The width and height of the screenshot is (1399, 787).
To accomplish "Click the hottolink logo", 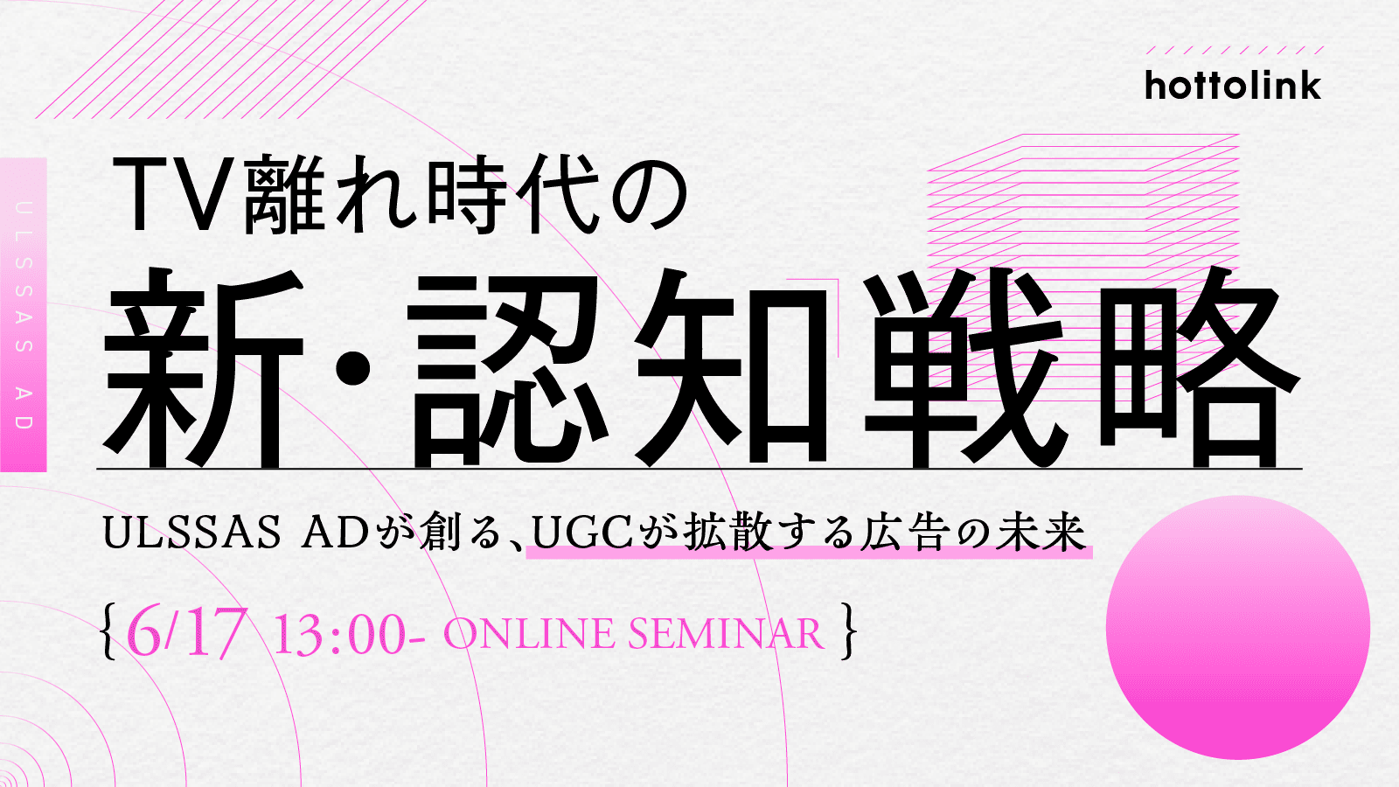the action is coord(1233,86).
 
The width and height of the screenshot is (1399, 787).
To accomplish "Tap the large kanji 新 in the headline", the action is coord(204,368).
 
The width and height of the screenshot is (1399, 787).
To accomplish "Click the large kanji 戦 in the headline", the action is coord(963,368).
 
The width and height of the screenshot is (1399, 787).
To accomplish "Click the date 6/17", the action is coord(185,632).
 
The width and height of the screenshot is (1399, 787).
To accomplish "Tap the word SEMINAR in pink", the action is coord(726,633).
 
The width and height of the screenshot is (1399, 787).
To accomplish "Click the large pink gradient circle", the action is coord(1238,627).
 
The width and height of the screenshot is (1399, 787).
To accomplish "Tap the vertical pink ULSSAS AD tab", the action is coord(23,315).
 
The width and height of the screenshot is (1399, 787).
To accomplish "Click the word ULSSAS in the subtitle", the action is coord(191,534).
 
